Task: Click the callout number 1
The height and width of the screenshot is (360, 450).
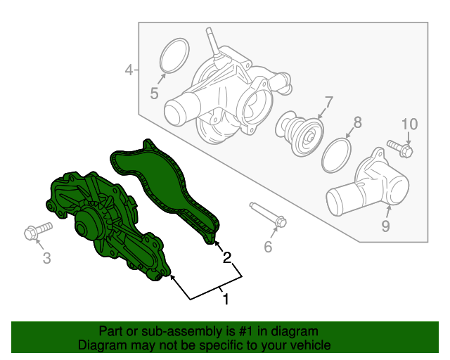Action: (x=226, y=299)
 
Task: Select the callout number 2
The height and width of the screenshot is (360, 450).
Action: (x=226, y=257)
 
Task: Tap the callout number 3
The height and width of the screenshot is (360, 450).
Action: (x=47, y=257)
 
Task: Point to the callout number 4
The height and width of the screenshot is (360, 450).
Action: (x=129, y=70)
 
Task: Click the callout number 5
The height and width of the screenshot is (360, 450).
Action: (x=155, y=94)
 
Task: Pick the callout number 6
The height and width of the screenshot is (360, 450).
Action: (x=268, y=247)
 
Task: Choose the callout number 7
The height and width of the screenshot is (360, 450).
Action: (x=328, y=103)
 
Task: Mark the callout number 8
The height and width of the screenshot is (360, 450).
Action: (x=357, y=122)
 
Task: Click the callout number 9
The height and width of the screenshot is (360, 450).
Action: (x=386, y=226)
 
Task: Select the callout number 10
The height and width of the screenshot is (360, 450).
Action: (x=409, y=124)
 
